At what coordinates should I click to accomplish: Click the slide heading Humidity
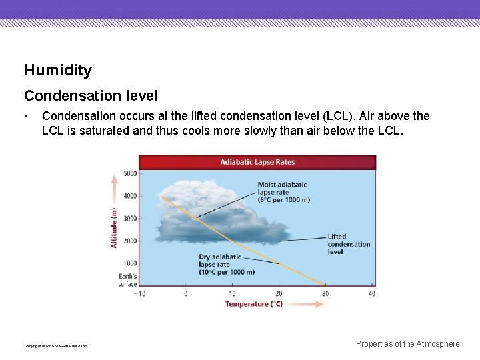58,70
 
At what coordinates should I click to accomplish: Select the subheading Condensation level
91,96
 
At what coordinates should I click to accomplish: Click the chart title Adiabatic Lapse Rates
257,162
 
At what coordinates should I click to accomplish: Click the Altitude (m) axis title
113,228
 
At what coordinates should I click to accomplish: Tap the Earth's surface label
127,280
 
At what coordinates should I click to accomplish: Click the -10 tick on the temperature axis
139,293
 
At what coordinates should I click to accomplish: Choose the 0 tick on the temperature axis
185,293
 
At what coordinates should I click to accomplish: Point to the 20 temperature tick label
279,293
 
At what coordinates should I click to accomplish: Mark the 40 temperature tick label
371,293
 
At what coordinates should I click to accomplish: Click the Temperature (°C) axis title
254,304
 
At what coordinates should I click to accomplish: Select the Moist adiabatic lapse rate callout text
282,191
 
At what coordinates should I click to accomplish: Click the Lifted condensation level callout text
349,244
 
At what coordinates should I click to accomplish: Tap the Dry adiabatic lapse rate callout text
227,265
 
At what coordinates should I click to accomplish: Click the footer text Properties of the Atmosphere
407,344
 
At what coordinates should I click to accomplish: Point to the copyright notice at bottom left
55,346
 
